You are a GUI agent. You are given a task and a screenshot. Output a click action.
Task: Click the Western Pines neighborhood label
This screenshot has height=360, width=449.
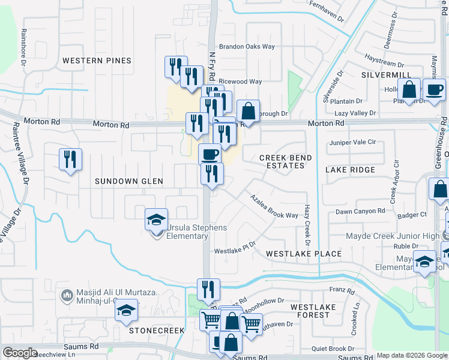tap(97, 61)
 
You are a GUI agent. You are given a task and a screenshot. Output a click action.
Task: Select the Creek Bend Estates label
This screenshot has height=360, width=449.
tap(285, 161)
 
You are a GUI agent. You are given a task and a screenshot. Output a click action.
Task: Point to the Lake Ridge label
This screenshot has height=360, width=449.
tap(350, 170)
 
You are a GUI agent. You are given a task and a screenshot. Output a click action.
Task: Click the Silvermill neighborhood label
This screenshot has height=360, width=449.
tap(385, 74)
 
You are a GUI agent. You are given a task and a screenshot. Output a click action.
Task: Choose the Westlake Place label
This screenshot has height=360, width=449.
tap(304, 254)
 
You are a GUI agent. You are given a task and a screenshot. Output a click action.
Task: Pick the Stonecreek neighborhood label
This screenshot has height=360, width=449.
tap(155, 330)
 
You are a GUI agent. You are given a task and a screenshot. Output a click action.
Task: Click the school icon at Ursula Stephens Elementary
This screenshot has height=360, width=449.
tap(156, 220)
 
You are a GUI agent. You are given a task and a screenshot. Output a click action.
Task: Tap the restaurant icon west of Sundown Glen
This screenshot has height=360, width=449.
tap(70, 159)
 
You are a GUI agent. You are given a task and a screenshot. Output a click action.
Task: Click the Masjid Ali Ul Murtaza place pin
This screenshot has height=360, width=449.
tap(67, 295)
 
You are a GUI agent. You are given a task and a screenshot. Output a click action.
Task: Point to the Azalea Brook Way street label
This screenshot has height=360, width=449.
tap(274, 207)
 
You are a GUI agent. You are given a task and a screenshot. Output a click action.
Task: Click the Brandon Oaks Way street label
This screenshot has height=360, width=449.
tap(247, 46)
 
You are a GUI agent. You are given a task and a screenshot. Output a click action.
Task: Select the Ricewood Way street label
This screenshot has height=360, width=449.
tap(240, 82)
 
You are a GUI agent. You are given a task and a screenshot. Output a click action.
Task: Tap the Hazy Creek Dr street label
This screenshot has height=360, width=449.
tap(307, 225)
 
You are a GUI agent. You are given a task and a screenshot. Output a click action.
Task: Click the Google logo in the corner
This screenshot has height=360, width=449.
tap(20, 353)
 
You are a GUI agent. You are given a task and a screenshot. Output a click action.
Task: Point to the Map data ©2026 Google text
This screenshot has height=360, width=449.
tap(411, 355)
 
